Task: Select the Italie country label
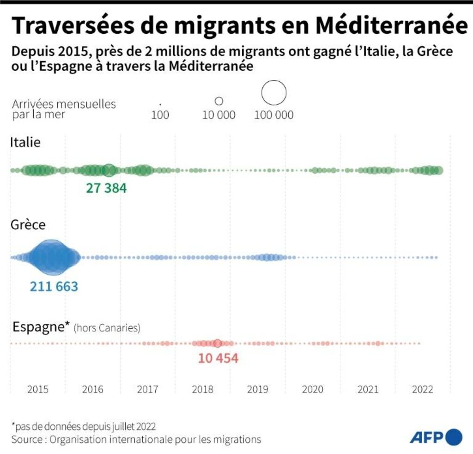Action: click(x=25, y=142)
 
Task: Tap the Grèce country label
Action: click(x=28, y=225)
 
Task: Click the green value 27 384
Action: click(x=106, y=188)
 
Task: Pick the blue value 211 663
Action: click(x=54, y=286)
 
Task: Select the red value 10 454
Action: click(x=218, y=358)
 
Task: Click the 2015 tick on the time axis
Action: click(x=38, y=389)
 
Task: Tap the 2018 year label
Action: click(x=203, y=389)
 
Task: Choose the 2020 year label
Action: click(x=313, y=389)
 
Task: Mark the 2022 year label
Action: click(x=423, y=389)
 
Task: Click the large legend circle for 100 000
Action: click(x=274, y=92)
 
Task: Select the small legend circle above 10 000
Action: click(x=219, y=101)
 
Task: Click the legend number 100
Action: click(x=160, y=115)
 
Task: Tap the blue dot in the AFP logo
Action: click(x=454, y=436)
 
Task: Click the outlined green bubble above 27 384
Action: click(x=109, y=170)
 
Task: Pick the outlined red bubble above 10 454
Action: click(x=218, y=343)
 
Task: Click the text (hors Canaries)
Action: click(x=107, y=328)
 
